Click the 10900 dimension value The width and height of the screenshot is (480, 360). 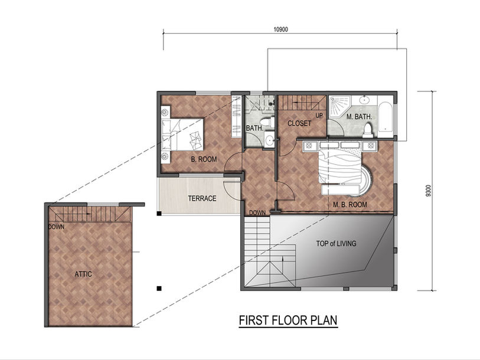tap(280, 30)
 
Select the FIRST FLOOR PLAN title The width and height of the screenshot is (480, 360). tap(288, 320)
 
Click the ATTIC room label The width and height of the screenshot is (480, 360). tap(83, 274)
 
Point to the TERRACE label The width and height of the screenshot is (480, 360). tap(202, 198)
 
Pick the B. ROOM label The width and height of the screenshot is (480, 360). tap(204, 159)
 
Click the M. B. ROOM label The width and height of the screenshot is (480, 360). tap(350, 204)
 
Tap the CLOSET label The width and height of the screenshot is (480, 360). tap(299, 123)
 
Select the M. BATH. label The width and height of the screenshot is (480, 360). tap(359, 117)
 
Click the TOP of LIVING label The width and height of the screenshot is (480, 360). tap(336, 244)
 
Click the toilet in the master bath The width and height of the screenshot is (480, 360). tap(368, 130)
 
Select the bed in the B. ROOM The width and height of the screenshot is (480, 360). tap(182, 135)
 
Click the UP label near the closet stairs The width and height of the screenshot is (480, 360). tap(319, 116)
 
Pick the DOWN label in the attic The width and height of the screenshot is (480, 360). tap(56, 227)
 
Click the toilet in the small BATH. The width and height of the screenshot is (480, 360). tap(268, 122)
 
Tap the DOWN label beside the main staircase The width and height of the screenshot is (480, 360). tap(257, 213)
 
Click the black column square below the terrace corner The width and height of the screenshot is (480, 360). tap(159, 289)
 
